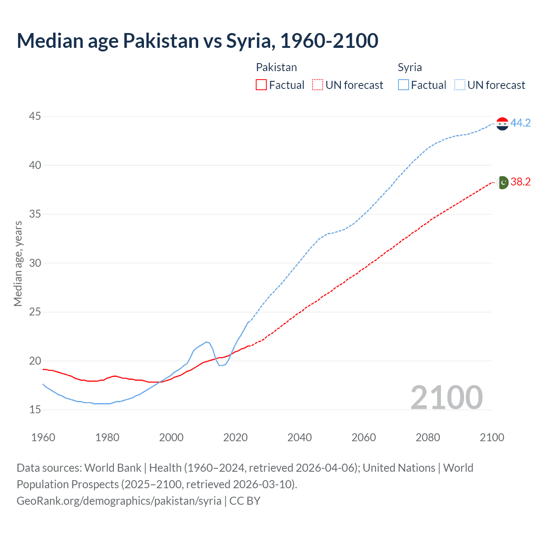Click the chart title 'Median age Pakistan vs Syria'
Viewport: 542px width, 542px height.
(x=197, y=41)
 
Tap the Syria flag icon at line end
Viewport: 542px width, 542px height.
(x=502, y=124)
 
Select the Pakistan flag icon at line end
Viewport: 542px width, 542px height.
(x=502, y=183)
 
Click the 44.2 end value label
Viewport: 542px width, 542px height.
(x=520, y=123)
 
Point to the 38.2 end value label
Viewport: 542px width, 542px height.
(x=520, y=182)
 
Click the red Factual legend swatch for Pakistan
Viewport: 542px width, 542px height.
(x=261, y=85)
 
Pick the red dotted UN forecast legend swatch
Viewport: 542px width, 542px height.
(x=318, y=85)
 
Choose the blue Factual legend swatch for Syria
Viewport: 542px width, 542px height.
(x=404, y=85)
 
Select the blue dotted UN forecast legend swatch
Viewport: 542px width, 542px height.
(x=459, y=85)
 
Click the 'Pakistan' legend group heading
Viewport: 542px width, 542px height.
(x=276, y=67)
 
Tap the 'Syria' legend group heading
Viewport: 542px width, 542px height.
(x=409, y=67)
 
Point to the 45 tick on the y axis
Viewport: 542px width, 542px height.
(x=35, y=116)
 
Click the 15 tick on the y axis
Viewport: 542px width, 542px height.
(x=35, y=410)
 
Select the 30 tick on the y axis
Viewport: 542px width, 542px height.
(x=35, y=263)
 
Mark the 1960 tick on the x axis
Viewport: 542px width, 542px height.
(x=43, y=437)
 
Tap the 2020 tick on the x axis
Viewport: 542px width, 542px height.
(x=235, y=437)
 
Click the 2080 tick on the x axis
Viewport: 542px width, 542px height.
(x=428, y=437)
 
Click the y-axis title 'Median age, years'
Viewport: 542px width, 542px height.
(x=18, y=263)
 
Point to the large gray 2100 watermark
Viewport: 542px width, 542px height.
(x=446, y=397)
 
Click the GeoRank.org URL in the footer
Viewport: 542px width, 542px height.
(x=119, y=501)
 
